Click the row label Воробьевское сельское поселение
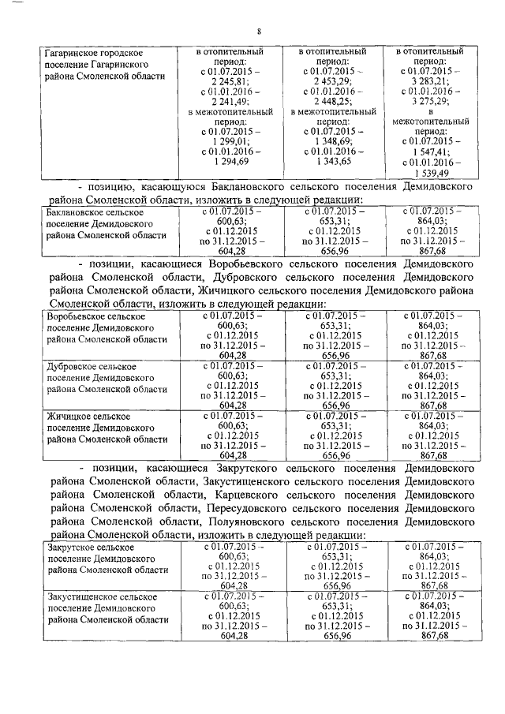[x=103, y=327]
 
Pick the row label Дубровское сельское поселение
[x=103, y=378]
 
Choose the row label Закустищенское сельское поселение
[x=103, y=608]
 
